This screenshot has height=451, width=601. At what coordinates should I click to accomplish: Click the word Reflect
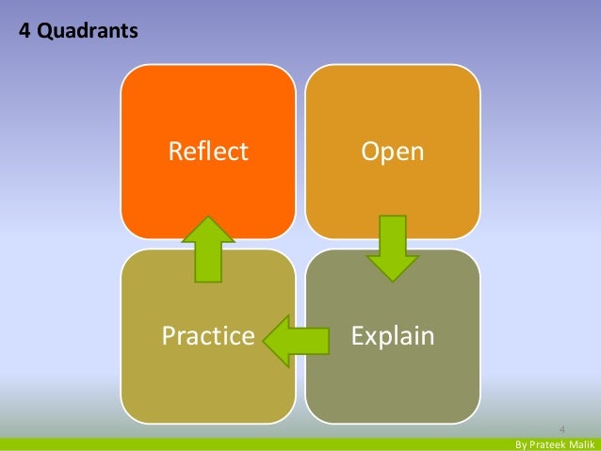point(208,151)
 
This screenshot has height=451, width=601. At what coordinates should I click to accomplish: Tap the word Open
point(393,151)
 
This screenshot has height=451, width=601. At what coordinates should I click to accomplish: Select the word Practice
point(208,336)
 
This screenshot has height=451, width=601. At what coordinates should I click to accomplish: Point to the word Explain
point(393,336)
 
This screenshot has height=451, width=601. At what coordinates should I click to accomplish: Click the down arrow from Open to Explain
point(393,248)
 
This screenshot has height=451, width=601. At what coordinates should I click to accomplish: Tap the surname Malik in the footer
point(583,443)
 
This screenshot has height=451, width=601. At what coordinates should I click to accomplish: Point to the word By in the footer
point(521,443)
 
